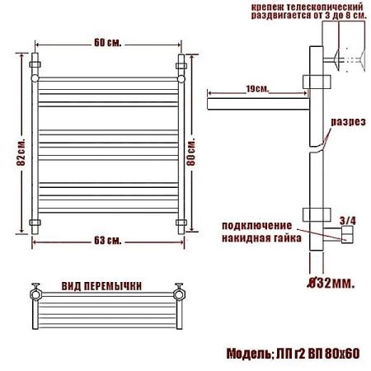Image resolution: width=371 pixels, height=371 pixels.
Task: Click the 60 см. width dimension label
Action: click(108, 43)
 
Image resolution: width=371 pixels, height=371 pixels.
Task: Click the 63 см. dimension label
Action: click(108, 241)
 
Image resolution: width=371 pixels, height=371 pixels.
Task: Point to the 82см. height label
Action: click(21, 152)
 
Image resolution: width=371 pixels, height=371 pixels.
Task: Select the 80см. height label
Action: click(191, 152)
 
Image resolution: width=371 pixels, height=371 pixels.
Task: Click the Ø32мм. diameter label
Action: click(331, 283)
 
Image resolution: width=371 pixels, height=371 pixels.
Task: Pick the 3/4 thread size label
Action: click(348, 221)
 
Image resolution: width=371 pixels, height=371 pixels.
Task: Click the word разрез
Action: click(349, 122)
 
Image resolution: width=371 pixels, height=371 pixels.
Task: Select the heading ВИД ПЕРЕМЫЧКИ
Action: click(101, 286)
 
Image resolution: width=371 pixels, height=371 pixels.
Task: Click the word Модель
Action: click(249, 354)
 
